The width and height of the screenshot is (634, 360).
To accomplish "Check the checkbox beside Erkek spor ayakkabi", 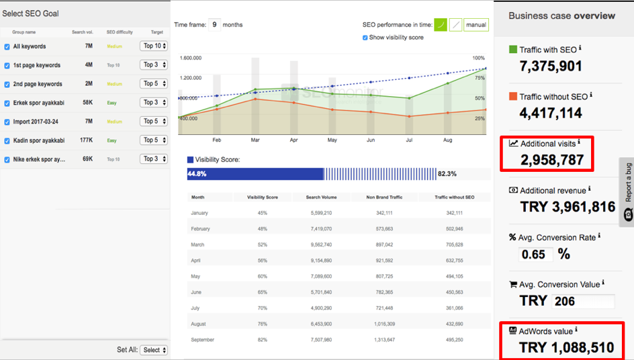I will click(7, 103).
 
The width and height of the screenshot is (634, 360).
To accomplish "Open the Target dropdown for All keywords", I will click(154, 46).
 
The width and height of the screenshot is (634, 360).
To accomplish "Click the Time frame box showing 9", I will click(215, 25).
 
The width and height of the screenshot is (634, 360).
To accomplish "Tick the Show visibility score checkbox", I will click(365, 38).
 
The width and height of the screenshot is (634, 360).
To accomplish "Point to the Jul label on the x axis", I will click(409, 140).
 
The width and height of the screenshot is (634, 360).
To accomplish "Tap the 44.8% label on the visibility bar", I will click(197, 174).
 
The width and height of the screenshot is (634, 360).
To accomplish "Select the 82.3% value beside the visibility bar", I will click(447, 174).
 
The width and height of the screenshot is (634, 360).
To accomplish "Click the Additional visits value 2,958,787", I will click(552, 160).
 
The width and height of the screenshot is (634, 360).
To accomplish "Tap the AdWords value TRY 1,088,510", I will click(566, 348).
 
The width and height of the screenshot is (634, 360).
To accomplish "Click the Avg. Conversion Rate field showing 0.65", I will click(536, 255).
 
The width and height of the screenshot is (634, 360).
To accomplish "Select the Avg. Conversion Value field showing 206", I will click(582, 301).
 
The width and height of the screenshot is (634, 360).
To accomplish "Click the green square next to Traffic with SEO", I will click(513, 50).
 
